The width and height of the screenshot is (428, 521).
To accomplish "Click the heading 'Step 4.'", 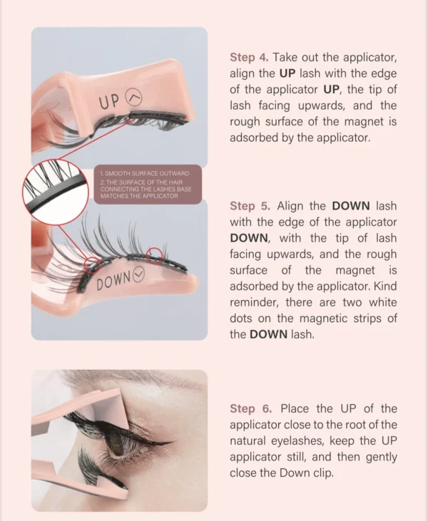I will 248,56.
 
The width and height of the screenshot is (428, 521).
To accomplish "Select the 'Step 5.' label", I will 248,206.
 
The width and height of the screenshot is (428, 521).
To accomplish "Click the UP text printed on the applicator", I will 110,102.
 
